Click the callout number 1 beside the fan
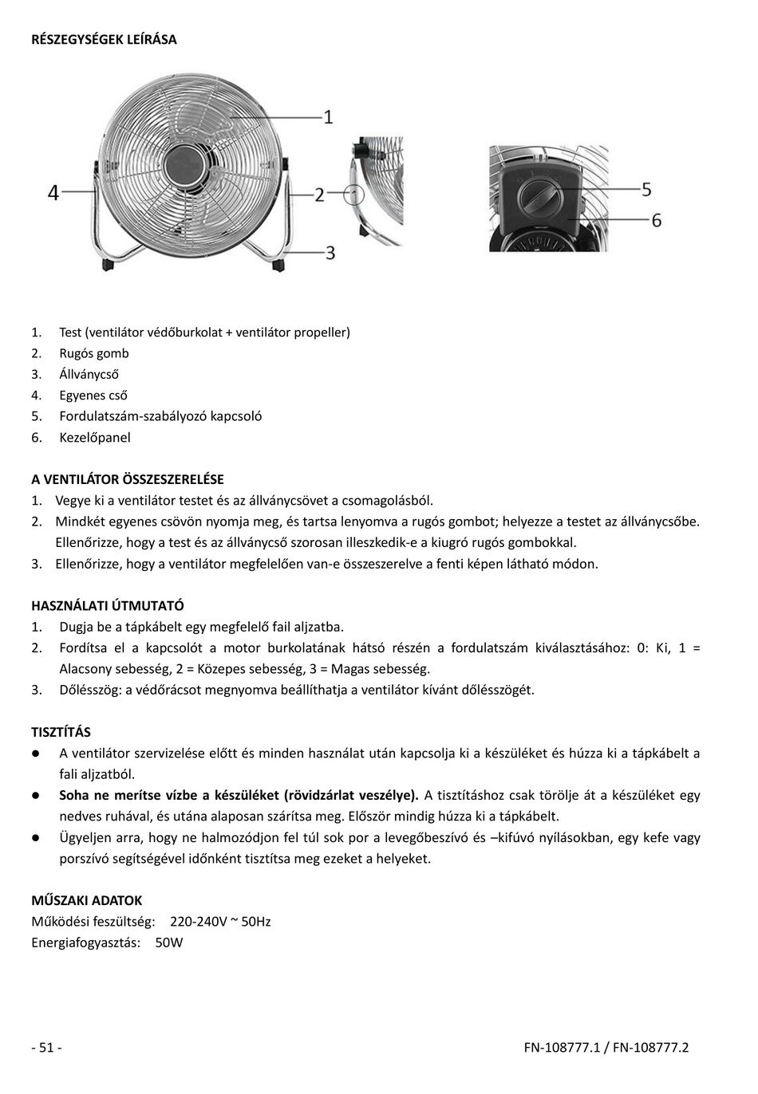[328, 116]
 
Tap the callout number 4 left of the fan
[53, 192]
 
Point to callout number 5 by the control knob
[646, 189]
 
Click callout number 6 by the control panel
[657, 219]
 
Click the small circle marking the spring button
[354, 194]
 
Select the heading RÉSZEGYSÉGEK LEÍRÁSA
[104, 39]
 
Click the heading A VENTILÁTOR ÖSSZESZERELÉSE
[128, 479]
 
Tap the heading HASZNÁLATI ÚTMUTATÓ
[108, 605]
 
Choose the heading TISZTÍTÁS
[61, 731]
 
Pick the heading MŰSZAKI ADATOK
[87, 900]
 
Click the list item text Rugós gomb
[94, 353]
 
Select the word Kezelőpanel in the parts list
[95, 437]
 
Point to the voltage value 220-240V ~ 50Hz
[220, 922]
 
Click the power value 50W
[169, 942]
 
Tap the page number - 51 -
[46, 1047]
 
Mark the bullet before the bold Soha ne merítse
[36, 795]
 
